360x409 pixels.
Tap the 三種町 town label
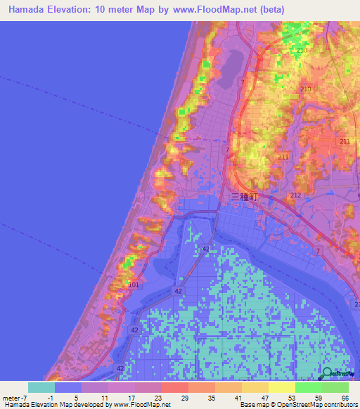tap(245, 199)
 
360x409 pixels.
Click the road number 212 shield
tap(295, 195)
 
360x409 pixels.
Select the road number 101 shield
tap(134, 285)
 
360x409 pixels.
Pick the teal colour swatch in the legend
tap(41, 387)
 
